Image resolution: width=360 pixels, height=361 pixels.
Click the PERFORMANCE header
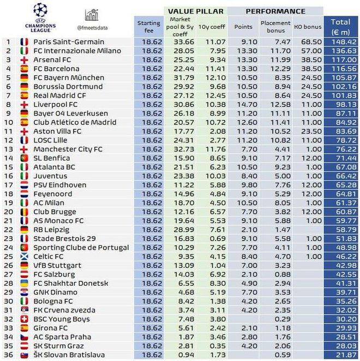pyautogui.click(x=275, y=10)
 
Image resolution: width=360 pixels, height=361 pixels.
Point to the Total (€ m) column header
pyautogui.click(x=340, y=26)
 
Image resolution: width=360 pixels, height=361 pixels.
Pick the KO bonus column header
pyautogui.click(x=309, y=26)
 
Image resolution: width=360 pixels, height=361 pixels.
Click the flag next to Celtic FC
pyautogui.click(x=24, y=256)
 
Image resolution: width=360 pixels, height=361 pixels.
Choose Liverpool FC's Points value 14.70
pyautogui.click(x=242, y=104)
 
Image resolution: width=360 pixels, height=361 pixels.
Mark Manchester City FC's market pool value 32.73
pyautogui.click(x=179, y=149)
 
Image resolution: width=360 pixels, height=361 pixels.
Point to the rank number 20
pyautogui.click(x=9, y=211)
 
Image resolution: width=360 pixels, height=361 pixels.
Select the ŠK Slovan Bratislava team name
pyautogui.click(x=69, y=354)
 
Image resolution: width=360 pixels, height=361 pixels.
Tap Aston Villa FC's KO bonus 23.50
pyautogui.click(x=309, y=131)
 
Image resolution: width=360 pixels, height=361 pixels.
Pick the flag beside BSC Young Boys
pyautogui.click(x=24, y=318)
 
